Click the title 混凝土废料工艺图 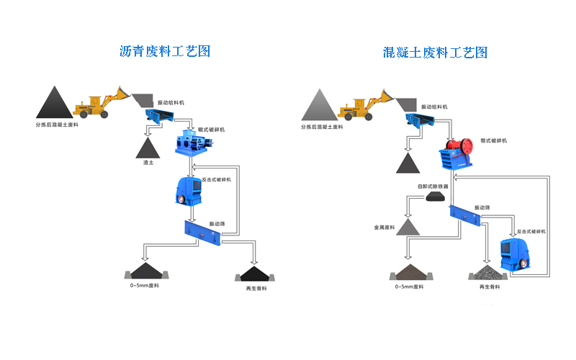436,53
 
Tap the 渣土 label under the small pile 149,162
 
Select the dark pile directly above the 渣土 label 149,148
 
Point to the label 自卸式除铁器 433,186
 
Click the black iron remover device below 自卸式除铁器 435,196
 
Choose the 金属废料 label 386,227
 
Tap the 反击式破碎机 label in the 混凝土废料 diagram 531,232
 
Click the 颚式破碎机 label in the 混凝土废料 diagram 493,141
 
